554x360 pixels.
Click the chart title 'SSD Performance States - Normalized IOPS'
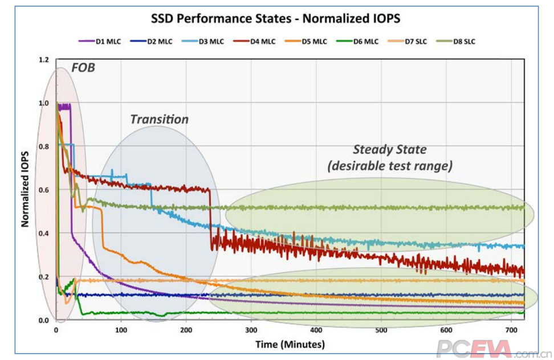click(276, 18)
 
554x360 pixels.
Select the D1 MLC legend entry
click(100, 41)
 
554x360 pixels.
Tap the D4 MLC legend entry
click(254, 41)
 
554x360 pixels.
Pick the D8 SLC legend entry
click(456, 41)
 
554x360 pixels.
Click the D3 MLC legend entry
click(203, 41)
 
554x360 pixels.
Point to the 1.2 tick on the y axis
click(44, 60)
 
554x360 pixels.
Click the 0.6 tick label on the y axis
click(44, 190)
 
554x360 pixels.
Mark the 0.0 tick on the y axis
click(44, 320)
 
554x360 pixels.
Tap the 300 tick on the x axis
click(251, 330)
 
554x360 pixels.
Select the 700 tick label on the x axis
click(511, 330)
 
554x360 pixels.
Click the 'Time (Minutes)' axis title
click(290, 344)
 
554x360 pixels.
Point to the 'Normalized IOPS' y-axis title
click(25, 189)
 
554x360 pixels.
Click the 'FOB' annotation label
click(83, 67)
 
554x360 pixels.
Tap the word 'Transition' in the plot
click(160, 119)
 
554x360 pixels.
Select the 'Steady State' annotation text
click(390, 150)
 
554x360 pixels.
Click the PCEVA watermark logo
click(494, 349)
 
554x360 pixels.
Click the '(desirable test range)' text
click(390, 166)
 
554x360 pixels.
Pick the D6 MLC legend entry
click(357, 41)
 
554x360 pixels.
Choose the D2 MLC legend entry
click(151, 41)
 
